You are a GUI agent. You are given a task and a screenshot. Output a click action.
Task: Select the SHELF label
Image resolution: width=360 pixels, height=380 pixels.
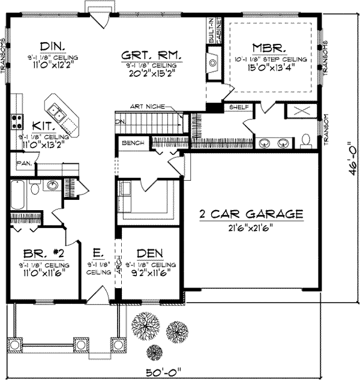click(239, 106)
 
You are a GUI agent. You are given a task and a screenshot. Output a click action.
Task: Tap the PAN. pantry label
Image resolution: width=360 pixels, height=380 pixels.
click(24, 163)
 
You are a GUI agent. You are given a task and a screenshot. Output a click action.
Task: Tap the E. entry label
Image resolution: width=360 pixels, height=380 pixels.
click(97, 253)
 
